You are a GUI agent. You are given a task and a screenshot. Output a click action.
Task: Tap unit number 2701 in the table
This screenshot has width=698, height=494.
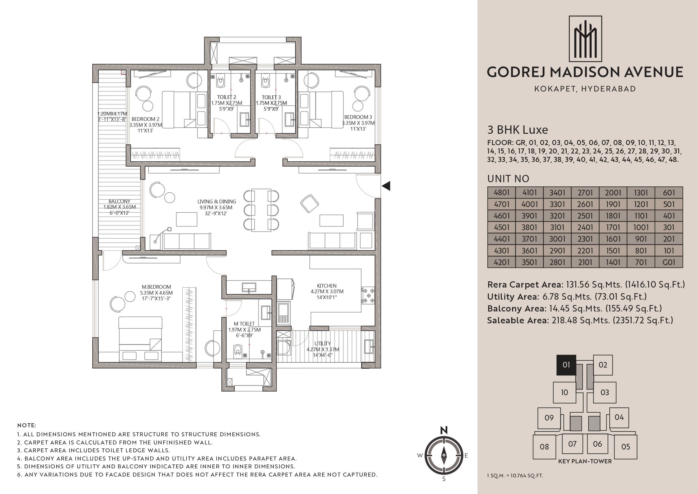click(x=585, y=193)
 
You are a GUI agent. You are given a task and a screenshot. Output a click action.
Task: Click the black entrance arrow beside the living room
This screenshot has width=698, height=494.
click(x=386, y=186)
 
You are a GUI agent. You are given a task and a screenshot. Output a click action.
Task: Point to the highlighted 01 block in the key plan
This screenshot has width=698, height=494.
click(x=566, y=365)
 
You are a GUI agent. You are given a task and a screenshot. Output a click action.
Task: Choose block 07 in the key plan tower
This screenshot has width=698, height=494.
click(x=573, y=444)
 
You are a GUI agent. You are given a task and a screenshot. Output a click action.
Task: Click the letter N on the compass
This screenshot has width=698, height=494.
click(x=444, y=430)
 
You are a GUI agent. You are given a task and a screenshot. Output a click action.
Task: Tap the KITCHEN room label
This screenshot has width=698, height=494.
click(x=327, y=286)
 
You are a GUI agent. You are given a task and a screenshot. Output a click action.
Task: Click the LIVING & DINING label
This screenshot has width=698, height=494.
click(x=217, y=201)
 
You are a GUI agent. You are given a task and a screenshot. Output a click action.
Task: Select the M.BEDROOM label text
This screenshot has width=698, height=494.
click(x=156, y=287)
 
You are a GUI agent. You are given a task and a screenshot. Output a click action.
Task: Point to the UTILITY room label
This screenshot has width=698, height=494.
click(x=322, y=343)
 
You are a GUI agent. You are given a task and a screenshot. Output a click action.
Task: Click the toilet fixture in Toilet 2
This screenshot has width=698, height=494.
click(x=221, y=82)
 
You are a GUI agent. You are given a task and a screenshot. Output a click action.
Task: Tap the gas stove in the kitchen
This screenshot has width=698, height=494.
click(x=368, y=295)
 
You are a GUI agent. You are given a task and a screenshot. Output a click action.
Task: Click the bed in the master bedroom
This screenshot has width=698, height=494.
click(x=140, y=339)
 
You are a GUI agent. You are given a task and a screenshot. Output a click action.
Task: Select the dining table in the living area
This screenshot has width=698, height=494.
click(x=261, y=210)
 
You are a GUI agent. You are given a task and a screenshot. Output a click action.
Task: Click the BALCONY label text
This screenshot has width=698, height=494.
click(x=120, y=201)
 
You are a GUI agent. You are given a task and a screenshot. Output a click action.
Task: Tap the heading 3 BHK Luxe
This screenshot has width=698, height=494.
click(x=518, y=130)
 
